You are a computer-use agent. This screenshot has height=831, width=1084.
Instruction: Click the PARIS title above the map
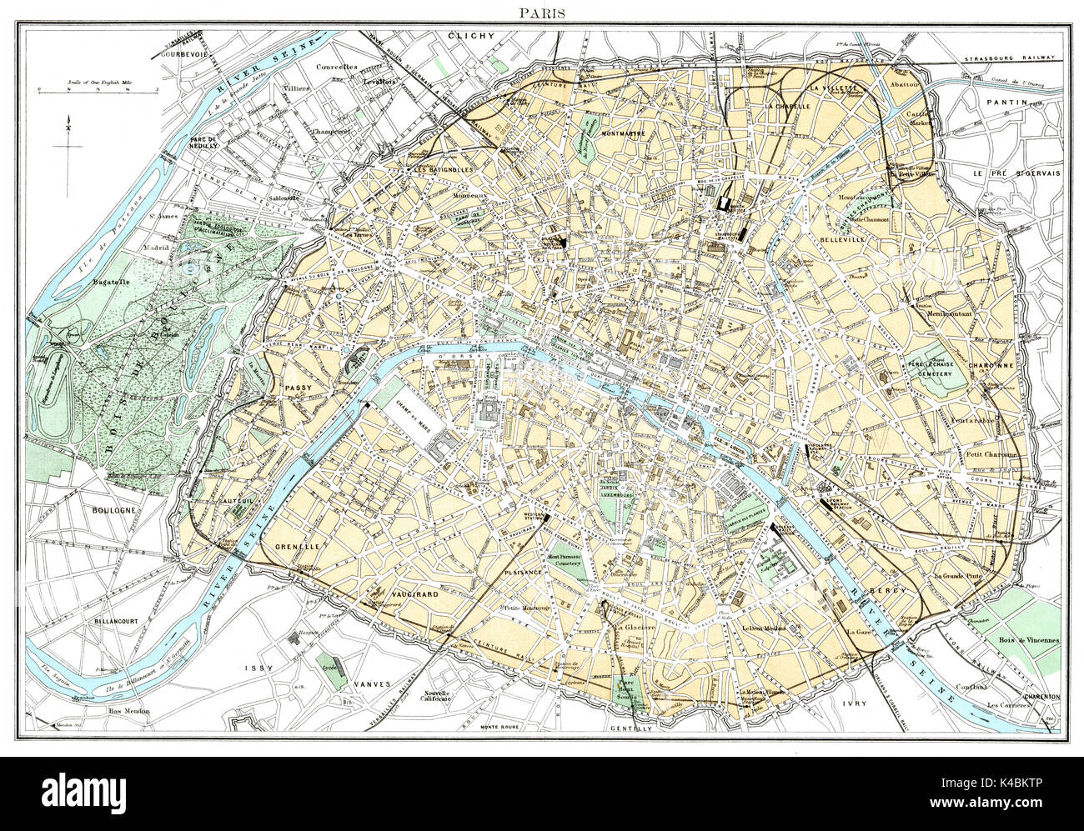click(541, 13)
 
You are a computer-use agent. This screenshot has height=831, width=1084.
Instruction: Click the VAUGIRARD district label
click(413, 594)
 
